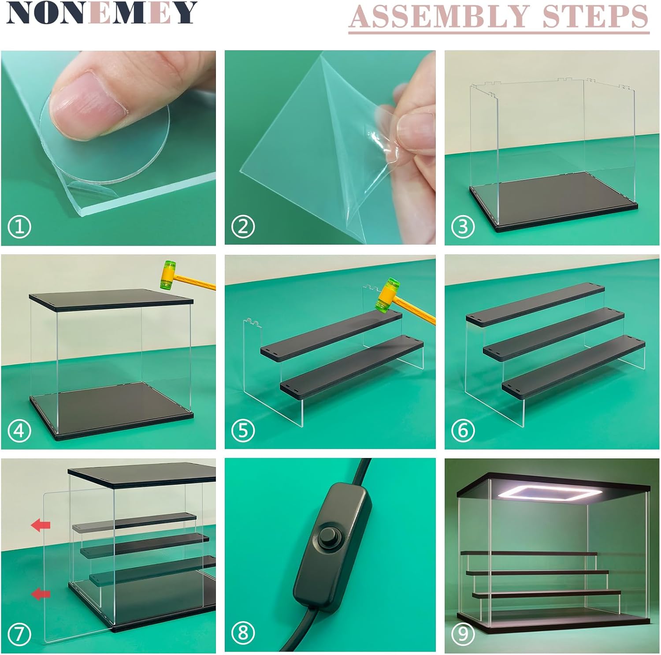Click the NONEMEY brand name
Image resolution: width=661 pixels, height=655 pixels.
pyautogui.click(x=101, y=13)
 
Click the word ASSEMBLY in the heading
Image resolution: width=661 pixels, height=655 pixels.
pyautogui.click(x=439, y=16)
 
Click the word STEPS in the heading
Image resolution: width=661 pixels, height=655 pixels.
pyautogui.click(x=595, y=16)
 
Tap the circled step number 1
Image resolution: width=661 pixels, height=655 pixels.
pyautogui.click(x=19, y=227)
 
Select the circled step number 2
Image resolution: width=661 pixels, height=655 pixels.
pyautogui.click(x=243, y=227)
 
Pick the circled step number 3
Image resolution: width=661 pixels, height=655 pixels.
pyautogui.click(x=463, y=227)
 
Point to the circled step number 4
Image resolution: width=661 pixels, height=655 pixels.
pyautogui.click(x=19, y=431)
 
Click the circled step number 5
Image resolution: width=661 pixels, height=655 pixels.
pyautogui.click(x=243, y=431)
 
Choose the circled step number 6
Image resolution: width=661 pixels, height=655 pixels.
pyautogui.click(x=463, y=431)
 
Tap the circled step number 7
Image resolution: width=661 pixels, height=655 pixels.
pyautogui.click(x=19, y=634)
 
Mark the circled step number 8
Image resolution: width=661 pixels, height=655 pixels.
pyautogui.click(x=243, y=633)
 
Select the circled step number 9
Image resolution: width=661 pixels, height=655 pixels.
pyautogui.click(x=463, y=633)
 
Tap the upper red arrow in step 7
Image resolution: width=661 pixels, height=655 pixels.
pyautogui.click(x=41, y=525)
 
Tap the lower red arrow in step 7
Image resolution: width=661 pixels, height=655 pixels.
pyautogui.click(x=41, y=594)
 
